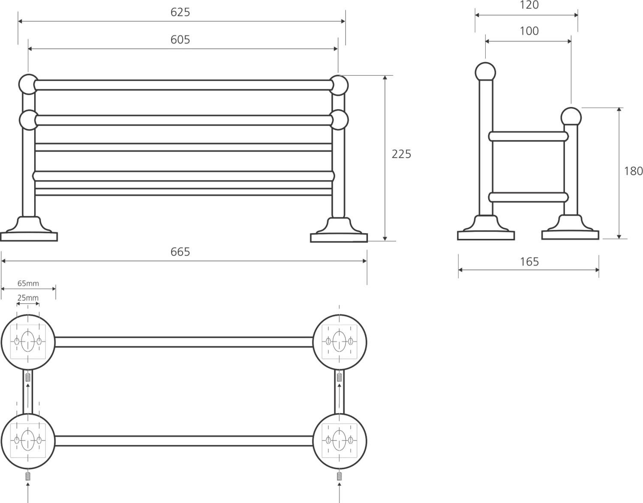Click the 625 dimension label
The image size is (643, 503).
[180, 12]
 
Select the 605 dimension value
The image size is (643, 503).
[180, 40]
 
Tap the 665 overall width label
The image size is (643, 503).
[180, 252]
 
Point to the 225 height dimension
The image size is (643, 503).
[401, 154]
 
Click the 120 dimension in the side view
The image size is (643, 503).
[529, 5]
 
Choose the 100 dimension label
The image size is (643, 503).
[529, 31]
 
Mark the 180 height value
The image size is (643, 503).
[633, 171]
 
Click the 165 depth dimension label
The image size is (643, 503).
[529, 262]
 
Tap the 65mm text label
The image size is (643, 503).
[28, 283]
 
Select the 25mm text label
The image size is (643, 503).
[28, 298]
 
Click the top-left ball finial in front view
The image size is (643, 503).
[28, 84]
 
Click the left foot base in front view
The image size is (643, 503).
[29, 231]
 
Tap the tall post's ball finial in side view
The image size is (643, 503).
[485, 72]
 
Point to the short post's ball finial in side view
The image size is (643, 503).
[571, 117]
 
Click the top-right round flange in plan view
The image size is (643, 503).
[340, 341]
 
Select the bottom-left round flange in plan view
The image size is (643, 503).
[28, 440]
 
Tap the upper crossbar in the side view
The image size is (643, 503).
[528, 137]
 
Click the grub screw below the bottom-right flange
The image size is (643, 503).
[340, 476]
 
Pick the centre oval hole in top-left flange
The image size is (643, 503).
[28, 341]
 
